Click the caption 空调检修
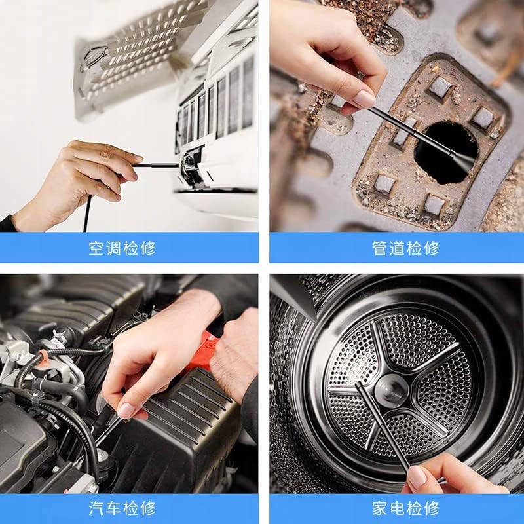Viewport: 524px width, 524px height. pos(122,248)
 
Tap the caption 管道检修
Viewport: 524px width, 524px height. pos(405,248)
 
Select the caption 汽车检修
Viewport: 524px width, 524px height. pos(122,508)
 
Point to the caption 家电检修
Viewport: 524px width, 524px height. pos(405,508)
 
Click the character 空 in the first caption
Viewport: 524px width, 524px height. pos(96,248)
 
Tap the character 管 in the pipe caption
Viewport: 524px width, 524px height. pos(380,248)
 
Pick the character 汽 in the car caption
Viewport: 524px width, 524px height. pos(96,508)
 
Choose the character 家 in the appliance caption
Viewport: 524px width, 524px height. pos(380,508)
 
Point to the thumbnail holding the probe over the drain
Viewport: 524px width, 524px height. pos(364,99)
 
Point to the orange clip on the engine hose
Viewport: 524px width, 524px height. pos(41,358)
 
